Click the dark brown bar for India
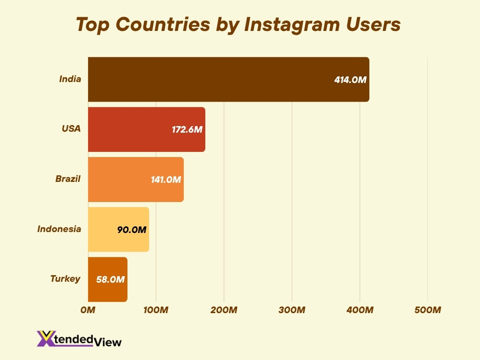(x=211, y=79)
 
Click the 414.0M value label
(x=350, y=80)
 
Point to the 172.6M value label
(x=187, y=130)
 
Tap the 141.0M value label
(x=165, y=180)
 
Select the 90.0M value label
(x=132, y=230)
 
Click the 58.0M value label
(x=110, y=280)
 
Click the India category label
(x=70, y=79)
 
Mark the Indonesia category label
(x=59, y=229)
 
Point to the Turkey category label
(x=65, y=279)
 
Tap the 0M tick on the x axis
(x=88, y=310)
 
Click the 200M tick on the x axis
(x=224, y=310)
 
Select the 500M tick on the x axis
(x=427, y=310)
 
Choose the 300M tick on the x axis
(x=292, y=310)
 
